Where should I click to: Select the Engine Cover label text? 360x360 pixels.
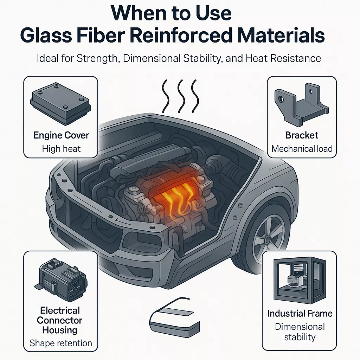click(x=61, y=135)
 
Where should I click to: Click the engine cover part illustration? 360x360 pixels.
click(x=60, y=104)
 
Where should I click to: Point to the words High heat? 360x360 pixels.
click(x=61, y=149)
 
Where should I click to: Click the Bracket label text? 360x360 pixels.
click(x=301, y=135)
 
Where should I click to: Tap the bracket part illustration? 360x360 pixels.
click(x=301, y=105)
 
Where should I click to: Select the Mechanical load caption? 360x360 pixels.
click(x=302, y=149)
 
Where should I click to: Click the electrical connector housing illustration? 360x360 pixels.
click(x=61, y=280)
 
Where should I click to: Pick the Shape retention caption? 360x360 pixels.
click(x=61, y=343)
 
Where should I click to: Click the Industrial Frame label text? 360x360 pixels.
click(x=300, y=313)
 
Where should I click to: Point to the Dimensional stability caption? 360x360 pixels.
click(x=300, y=332)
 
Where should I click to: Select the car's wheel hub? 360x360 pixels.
click(x=268, y=239)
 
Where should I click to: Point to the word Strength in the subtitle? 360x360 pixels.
click(x=97, y=58)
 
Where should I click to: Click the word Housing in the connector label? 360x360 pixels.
click(x=60, y=330)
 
